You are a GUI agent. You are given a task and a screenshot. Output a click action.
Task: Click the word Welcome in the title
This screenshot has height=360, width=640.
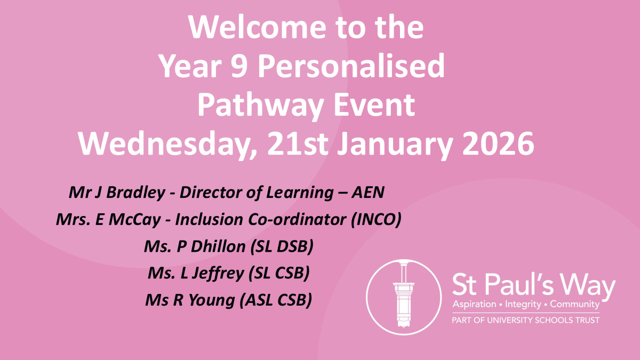(x=257, y=27)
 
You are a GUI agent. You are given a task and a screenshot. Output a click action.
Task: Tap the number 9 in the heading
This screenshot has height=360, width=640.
(x=239, y=66)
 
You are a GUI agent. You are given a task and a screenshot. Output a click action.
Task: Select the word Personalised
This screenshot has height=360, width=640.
(x=351, y=66)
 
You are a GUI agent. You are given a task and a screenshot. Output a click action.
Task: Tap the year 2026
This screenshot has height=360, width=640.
(x=498, y=143)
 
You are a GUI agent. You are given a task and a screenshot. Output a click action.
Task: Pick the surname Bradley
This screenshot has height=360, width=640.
(x=135, y=193)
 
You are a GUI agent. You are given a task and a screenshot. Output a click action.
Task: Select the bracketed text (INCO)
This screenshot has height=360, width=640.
(x=375, y=220)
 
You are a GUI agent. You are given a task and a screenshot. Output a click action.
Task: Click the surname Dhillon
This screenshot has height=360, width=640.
(x=218, y=246)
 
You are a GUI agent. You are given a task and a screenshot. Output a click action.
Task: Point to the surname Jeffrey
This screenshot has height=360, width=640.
(x=218, y=274)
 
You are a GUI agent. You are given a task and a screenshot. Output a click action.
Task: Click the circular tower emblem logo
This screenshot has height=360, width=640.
(x=404, y=297)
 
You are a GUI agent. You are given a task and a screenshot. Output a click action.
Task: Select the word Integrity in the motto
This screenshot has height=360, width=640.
(x=523, y=305)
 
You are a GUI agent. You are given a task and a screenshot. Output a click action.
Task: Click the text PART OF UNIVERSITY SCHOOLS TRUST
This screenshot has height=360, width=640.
(x=525, y=321)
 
